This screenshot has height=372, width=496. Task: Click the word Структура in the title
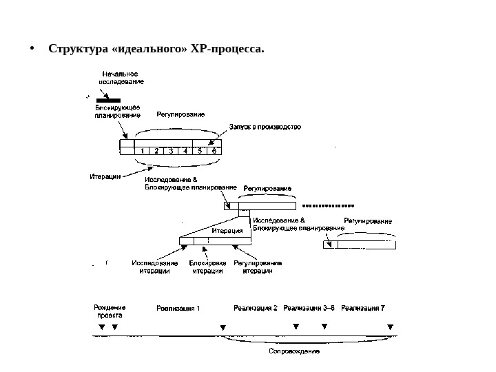coord(75,50)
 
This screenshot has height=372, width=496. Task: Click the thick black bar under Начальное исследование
coord(116,99)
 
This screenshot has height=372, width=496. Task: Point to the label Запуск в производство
coord(265,127)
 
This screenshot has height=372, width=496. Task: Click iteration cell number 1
coord(142,151)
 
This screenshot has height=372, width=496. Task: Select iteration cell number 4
coord(185,151)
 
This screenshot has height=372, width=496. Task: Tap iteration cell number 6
coord(214,151)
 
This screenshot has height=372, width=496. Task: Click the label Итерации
coord(105,176)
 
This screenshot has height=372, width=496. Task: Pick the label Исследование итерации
coord(154,267)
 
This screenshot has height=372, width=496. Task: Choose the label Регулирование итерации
coord(258,267)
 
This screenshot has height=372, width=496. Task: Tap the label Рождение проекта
coord(109,311)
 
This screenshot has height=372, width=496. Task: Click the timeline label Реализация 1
coord(178,308)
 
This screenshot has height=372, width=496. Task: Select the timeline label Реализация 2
coord(255,308)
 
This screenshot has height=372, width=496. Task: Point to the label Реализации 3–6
coord(309,308)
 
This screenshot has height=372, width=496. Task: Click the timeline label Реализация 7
coord(363,308)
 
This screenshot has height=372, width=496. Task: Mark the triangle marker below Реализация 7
coord(390,327)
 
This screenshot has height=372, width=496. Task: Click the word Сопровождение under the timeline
coord(293,351)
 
